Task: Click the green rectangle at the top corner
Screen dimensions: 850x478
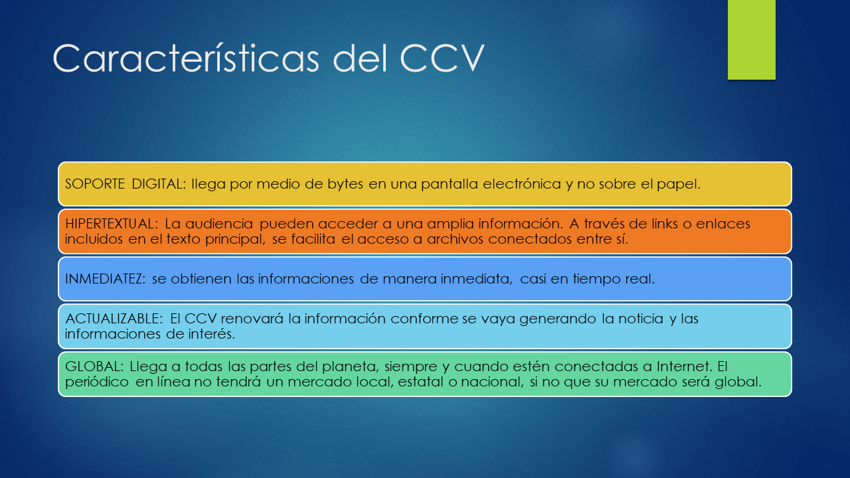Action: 751,40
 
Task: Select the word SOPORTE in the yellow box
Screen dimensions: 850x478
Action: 95,184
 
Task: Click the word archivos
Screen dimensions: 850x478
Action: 456,240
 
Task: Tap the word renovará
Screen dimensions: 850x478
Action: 252,319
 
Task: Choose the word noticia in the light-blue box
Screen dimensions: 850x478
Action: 641,319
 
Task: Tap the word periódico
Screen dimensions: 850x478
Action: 97,382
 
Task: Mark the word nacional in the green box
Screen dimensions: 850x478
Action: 494,382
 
